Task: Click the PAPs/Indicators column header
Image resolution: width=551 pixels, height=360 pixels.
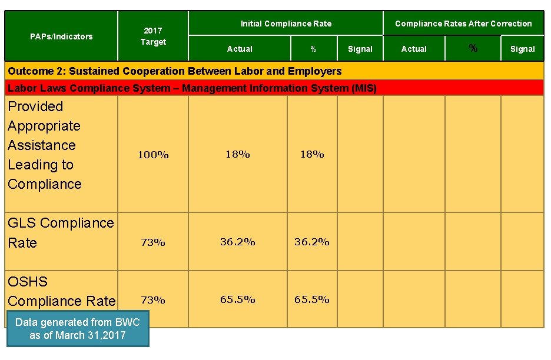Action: tap(61, 36)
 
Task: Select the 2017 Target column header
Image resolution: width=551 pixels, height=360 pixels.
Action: tap(153, 36)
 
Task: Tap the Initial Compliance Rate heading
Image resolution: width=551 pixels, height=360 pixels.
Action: tap(286, 24)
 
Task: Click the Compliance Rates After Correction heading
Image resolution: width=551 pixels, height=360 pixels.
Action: tap(463, 24)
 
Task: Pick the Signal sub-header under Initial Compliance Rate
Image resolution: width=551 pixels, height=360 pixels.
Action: tap(360, 49)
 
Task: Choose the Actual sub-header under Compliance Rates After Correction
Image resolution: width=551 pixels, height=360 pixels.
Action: tap(414, 49)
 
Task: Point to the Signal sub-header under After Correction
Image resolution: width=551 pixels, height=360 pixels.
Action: tap(522, 49)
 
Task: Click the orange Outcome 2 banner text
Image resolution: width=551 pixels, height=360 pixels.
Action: tap(174, 71)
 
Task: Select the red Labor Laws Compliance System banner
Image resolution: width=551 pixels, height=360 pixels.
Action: tap(191, 88)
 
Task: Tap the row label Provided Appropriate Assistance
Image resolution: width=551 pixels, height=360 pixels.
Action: tap(44, 145)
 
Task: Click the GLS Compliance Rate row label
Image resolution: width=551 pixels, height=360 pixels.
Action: tap(60, 233)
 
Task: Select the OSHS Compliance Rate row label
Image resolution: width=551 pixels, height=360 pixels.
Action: tap(61, 291)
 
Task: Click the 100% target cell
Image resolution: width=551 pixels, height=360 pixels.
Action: tap(153, 155)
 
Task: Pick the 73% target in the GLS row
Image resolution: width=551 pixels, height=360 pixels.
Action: tap(152, 242)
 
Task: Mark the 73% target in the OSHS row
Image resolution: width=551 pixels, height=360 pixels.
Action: tap(152, 300)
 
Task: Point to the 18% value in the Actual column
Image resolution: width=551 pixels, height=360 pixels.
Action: tap(237, 154)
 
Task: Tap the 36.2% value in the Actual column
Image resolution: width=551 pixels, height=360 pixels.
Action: tap(237, 242)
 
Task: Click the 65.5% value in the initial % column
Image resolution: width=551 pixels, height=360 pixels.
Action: tap(311, 299)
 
